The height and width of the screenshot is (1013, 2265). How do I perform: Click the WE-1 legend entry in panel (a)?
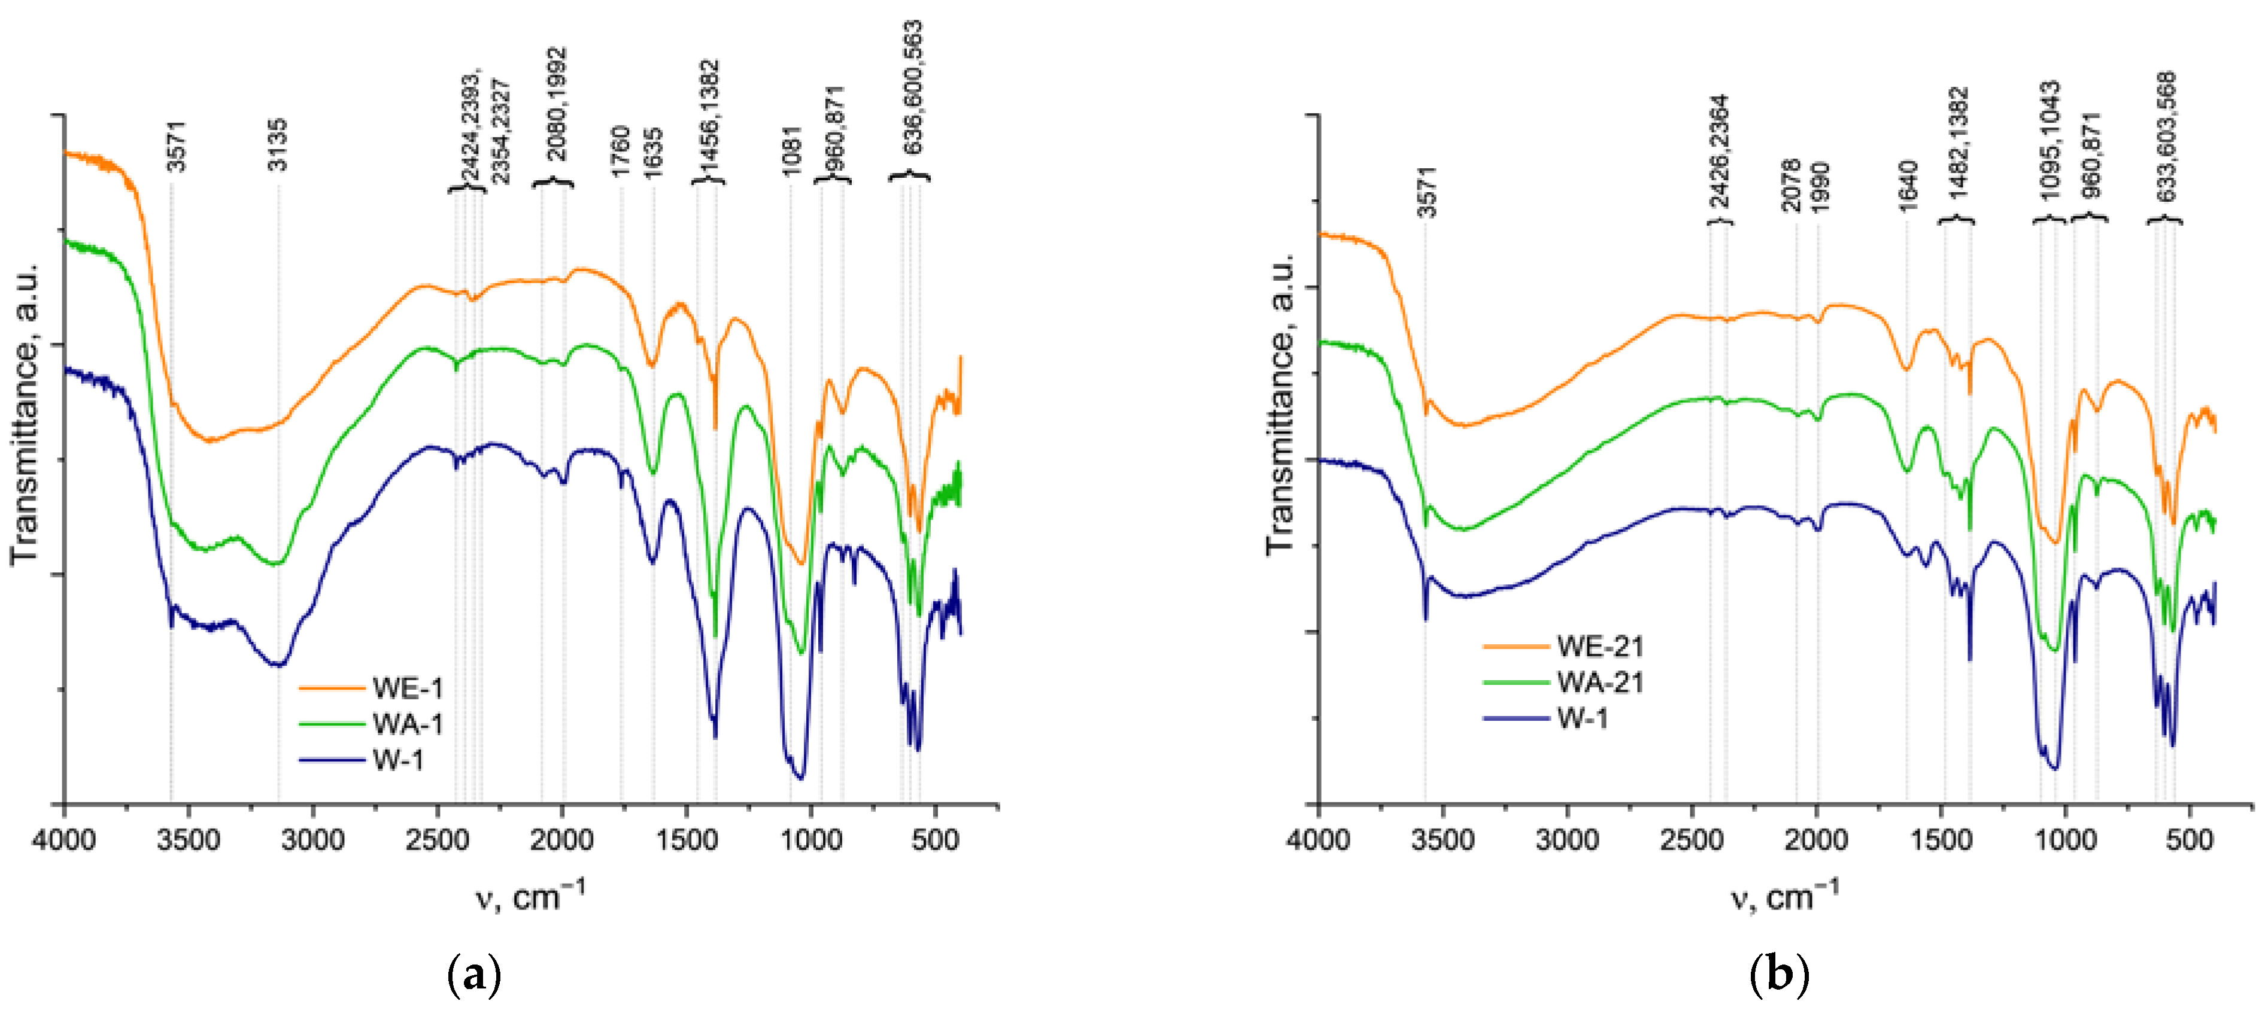(x=407, y=688)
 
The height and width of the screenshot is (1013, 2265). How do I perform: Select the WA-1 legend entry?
(x=407, y=724)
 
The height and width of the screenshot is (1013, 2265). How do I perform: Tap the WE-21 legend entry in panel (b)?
(x=1599, y=647)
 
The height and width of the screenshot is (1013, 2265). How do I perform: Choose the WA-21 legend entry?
(x=1599, y=683)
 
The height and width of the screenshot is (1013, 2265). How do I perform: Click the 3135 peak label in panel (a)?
(x=278, y=145)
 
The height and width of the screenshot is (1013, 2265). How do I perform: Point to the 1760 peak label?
(x=621, y=151)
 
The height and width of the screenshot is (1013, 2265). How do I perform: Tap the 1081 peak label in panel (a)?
(x=791, y=151)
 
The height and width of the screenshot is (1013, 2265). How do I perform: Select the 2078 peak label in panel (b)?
(x=1791, y=184)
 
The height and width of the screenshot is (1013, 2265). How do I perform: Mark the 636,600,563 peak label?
(x=913, y=88)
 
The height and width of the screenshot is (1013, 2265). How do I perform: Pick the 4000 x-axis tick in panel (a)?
(x=63, y=840)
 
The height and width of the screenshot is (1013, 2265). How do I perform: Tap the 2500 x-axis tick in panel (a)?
(x=437, y=840)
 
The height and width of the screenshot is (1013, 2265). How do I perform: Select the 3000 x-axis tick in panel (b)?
(x=1567, y=840)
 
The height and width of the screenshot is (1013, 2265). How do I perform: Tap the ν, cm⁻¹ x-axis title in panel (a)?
(x=530, y=896)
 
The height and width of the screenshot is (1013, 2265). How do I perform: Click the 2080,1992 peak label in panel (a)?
(x=557, y=104)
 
